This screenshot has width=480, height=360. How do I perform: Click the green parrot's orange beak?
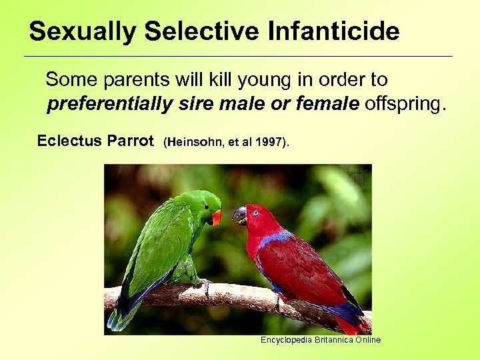click(216, 217)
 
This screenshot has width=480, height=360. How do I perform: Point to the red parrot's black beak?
click(239, 215)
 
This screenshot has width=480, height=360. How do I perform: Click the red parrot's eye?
click(255, 213)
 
